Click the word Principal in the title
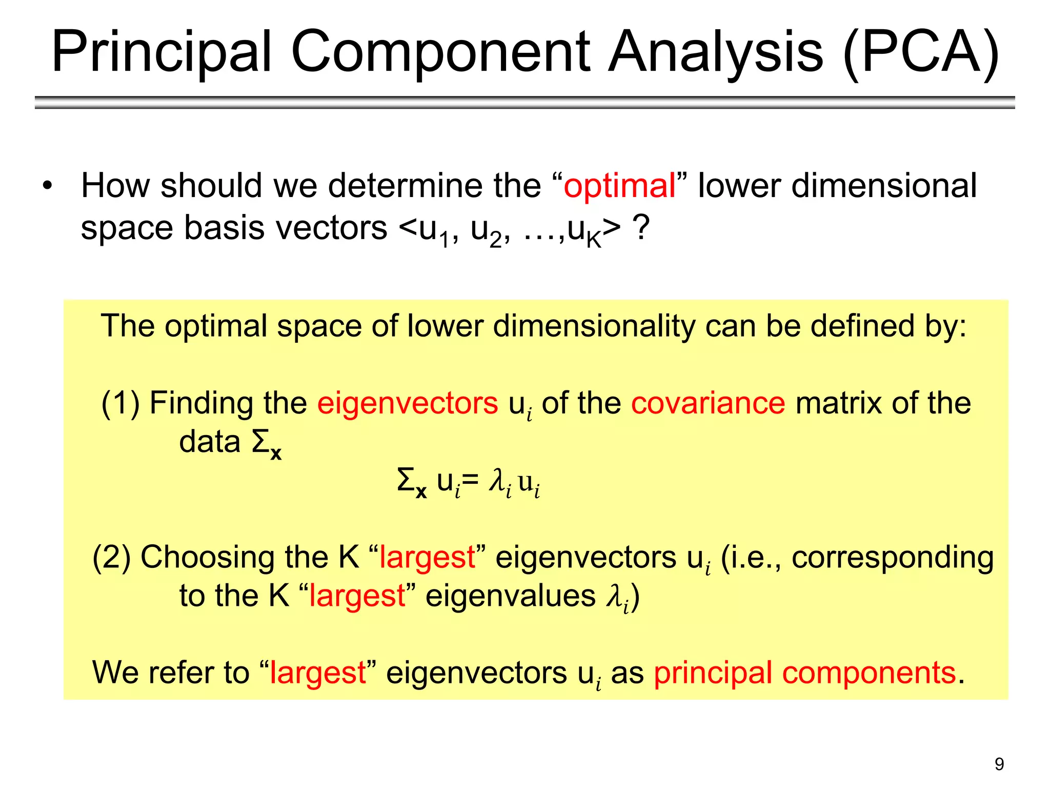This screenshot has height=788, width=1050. click(161, 52)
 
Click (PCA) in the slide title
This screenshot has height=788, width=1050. click(921, 52)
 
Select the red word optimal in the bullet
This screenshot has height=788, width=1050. click(619, 186)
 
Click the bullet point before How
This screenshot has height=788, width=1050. click(48, 186)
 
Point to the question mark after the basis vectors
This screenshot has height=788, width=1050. click(641, 227)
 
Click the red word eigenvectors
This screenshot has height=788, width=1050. click(408, 403)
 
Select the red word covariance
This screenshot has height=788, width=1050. click(708, 403)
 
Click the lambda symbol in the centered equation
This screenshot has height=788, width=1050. click(496, 481)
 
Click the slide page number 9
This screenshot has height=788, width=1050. click(999, 764)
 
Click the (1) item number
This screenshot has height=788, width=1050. click(120, 403)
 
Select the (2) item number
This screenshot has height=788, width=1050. click(111, 557)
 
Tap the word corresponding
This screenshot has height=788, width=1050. click(893, 557)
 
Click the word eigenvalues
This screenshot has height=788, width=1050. click(511, 596)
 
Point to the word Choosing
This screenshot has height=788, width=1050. click(208, 557)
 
